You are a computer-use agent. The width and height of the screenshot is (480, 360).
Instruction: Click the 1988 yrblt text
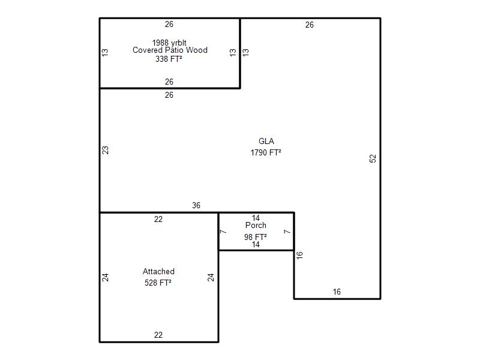click(x=169, y=43)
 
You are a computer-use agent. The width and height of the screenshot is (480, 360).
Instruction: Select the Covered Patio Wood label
click(x=170, y=50)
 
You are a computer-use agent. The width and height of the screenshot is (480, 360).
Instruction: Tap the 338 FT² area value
click(x=169, y=58)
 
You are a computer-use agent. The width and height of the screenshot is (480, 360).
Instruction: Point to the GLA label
click(x=266, y=141)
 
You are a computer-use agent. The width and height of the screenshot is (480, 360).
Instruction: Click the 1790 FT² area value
click(x=266, y=152)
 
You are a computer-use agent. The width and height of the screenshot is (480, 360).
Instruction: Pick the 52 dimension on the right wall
click(x=373, y=158)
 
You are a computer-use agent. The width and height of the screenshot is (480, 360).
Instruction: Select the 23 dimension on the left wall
click(x=105, y=150)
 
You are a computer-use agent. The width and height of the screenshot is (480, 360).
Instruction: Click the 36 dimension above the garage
click(x=196, y=205)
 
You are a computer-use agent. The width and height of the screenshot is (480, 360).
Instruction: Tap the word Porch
click(x=256, y=226)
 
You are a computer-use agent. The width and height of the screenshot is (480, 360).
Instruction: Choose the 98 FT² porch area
click(x=256, y=237)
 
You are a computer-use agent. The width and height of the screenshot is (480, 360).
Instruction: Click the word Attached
click(x=158, y=272)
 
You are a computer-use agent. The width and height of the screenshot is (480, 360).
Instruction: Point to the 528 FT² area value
click(x=158, y=283)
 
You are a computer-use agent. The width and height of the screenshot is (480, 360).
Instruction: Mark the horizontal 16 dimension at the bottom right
click(x=337, y=292)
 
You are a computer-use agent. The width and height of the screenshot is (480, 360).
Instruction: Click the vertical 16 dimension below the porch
click(x=299, y=255)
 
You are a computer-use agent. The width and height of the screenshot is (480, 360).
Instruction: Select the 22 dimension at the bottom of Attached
click(x=158, y=335)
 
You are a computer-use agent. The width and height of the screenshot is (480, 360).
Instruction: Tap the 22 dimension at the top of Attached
click(x=158, y=219)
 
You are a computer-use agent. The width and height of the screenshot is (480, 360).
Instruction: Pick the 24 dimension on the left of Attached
click(x=105, y=277)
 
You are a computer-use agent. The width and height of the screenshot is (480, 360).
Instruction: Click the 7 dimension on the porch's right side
click(x=287, y=232)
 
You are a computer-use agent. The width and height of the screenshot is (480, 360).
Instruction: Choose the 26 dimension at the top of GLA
click(x=310, y=25)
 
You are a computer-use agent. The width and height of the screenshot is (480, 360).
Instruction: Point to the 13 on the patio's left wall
click(x=105, y=52)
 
